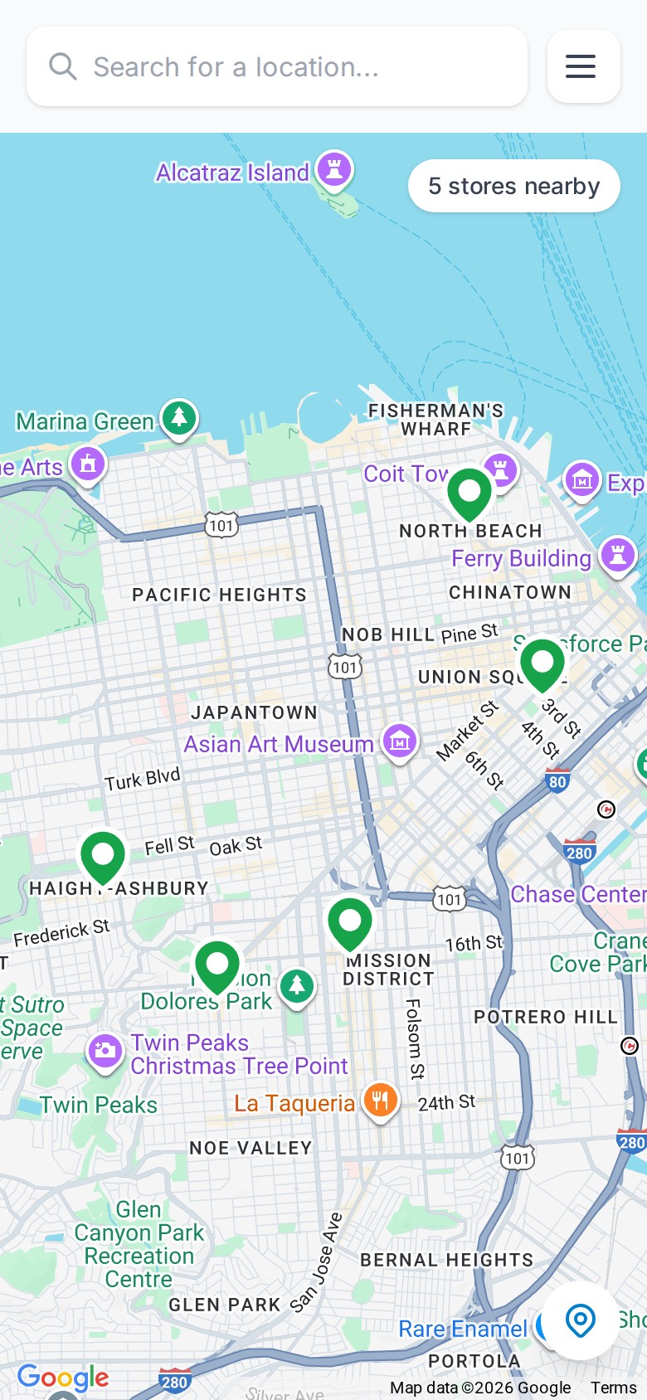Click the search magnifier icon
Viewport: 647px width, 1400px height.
[x=62, y=66]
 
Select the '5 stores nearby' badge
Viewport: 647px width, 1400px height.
[x=513, y=186]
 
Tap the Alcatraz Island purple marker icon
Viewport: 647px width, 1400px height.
[x=334, y=171]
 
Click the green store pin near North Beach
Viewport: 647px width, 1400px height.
[x=469, y=493]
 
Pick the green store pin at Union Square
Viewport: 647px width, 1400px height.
[x=542, y=664]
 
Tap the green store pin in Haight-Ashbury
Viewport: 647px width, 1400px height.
[x=103, y=855]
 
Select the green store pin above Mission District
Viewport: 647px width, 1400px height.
[x=350, y=921]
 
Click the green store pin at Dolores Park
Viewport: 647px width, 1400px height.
[x=217, y=965]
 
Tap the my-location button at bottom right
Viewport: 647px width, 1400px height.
[x=581, y=1320]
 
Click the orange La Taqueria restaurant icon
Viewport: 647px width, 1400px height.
[x=381, y=1101]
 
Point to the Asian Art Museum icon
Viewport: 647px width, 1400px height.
[x=400, y=741]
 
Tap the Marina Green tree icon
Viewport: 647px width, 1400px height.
[x=179, y=418]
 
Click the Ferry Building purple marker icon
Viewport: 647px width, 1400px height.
[x=618, y=556]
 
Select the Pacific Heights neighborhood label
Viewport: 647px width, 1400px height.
[x=219, y=595]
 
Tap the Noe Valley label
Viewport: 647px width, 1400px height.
[x=251, y=1148]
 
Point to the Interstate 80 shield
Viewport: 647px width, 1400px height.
[x=557, y=781]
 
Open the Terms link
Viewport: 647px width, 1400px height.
[x=613, y=1388]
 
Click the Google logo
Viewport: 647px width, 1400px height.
[x=63, y=1378]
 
